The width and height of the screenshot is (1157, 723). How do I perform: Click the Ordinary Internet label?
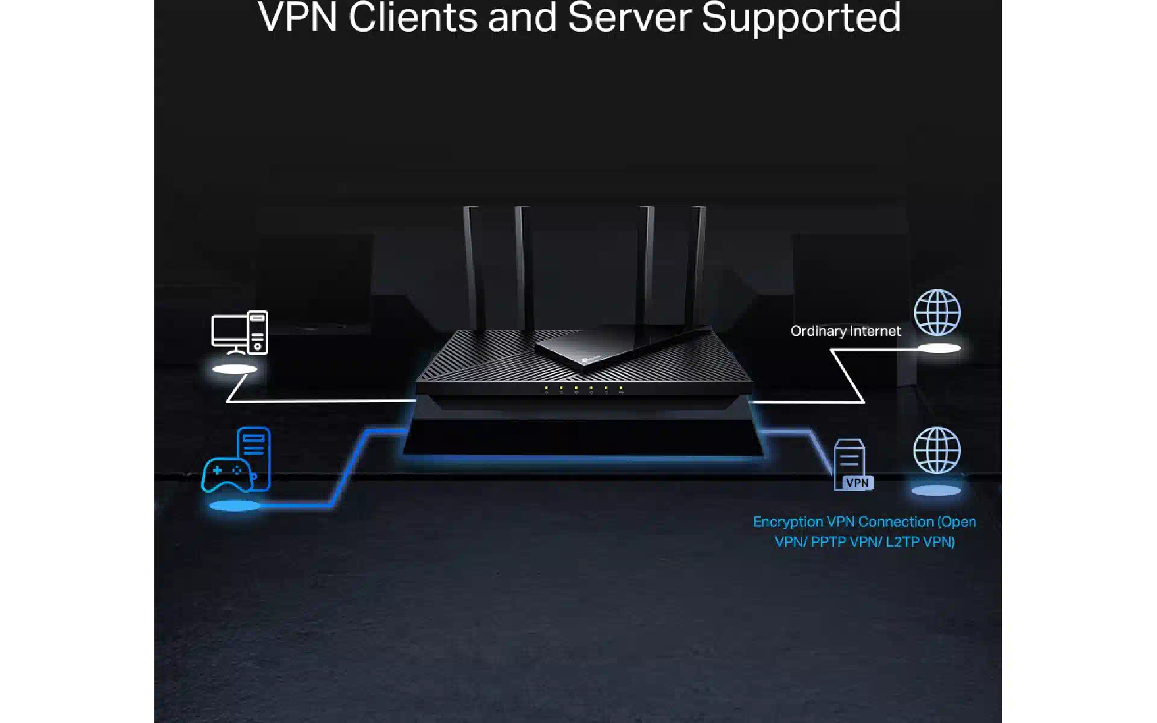pos(845,331)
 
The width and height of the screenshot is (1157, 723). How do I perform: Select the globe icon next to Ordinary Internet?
pos(937,312)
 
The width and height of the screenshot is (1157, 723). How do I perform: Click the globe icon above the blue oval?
pos(936,450)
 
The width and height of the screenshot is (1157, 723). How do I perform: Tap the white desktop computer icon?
pos(239,333)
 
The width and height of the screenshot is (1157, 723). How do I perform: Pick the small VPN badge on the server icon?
pos(857,483)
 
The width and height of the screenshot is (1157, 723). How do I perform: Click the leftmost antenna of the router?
pos(472,265)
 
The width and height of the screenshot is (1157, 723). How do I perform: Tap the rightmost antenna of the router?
pos(699,265)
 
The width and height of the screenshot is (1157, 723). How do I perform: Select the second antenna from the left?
pos(524,265)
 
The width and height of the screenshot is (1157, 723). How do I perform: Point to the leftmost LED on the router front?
pos(546,388)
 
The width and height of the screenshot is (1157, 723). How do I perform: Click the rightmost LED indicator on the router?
pos(621,389)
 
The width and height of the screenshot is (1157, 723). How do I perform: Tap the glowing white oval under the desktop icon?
pos(235,369)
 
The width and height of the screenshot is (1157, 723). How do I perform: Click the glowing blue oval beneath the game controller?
pos(234,506)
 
